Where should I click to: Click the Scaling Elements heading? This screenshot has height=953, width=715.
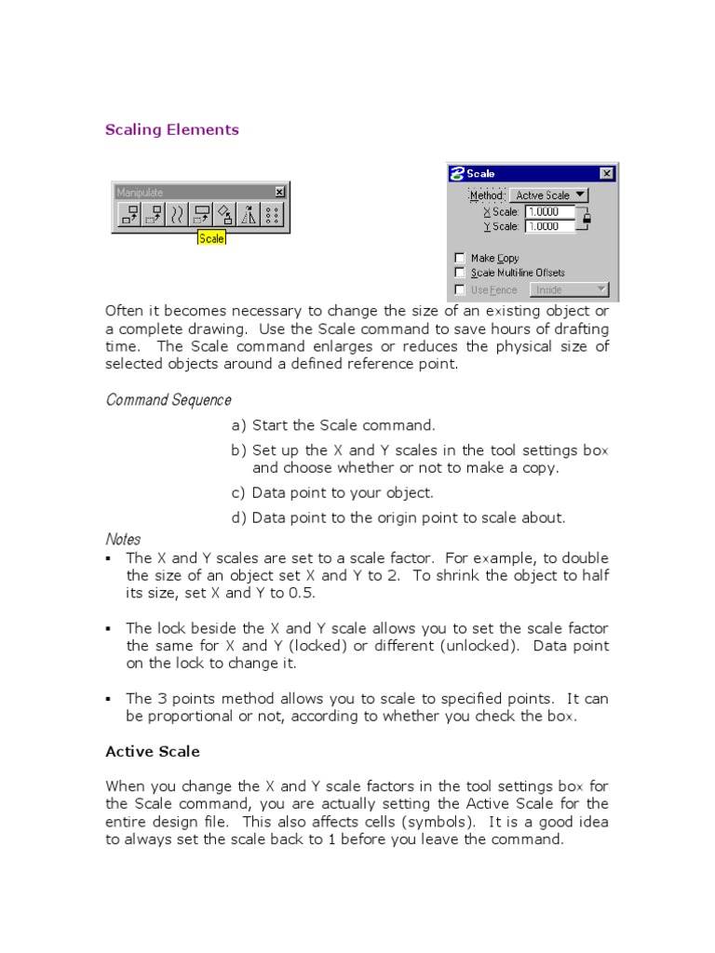(x=172, y=130)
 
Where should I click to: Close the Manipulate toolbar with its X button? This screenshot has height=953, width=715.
(x=279, y=192)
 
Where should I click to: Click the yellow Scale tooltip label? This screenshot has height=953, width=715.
(x=211, y=238)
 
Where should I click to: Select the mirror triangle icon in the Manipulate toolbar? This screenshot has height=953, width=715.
(x=249, y=216)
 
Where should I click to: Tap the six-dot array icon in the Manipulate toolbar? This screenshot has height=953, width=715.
(x=273, y=216)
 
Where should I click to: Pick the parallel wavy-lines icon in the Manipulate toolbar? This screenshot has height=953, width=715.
(x=177, y=216)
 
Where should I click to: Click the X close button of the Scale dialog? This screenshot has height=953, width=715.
(x=607, y=173)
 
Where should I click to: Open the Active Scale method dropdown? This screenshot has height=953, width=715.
(x=549, y=195)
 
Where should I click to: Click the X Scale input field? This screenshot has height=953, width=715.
(x=550, y=212)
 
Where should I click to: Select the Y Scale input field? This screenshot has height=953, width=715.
(x=550, y=226)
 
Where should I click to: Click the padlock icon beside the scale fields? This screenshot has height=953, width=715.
(x=587, y=220)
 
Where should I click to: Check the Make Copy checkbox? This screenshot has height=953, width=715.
(x=459, y=258)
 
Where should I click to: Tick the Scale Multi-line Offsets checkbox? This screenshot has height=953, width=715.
(x=459, y=273)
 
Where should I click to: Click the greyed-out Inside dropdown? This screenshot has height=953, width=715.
(x=568, y=289)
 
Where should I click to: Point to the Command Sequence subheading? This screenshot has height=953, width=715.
(x=169, y=400)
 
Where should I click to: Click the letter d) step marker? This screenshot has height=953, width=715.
(x=239, y=518)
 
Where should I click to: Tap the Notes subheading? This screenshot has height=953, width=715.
(x=123, y=540)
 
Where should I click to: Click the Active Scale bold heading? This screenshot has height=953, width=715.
(x=153, y=751)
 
